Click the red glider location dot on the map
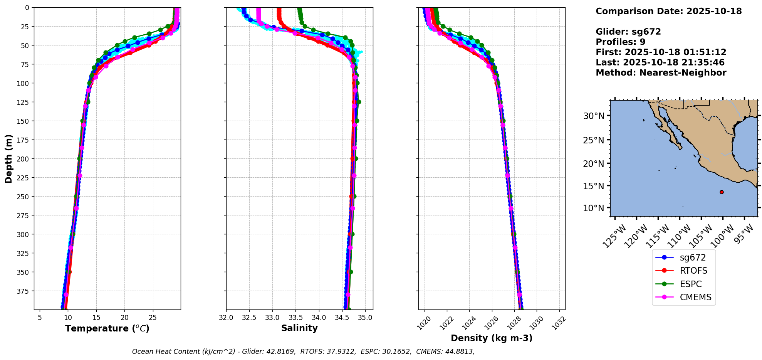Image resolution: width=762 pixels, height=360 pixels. [722, 192]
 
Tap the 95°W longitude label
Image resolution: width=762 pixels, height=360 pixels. [743, 235]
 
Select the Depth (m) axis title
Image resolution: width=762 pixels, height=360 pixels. [9, 158]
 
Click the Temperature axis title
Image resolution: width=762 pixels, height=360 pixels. [107, 329]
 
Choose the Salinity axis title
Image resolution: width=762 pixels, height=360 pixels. [299, 328]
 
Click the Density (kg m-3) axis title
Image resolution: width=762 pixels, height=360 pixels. [492, 338]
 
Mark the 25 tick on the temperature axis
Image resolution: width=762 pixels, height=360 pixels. [153, 318]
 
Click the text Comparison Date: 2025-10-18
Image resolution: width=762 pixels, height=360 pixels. [668, 11]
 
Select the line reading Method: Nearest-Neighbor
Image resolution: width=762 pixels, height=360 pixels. [661, 73]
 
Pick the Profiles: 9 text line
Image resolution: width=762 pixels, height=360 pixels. [620, 42]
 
